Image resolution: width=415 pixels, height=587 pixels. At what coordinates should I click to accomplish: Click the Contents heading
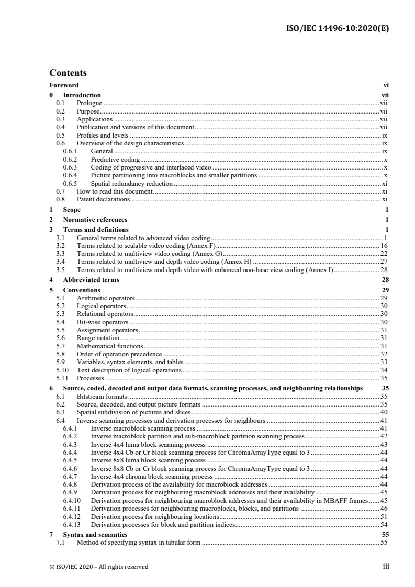tap(68, 73)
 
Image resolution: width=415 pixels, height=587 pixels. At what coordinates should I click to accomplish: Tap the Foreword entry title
tap(64, 85)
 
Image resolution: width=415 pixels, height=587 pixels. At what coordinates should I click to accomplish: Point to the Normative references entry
tap(95, 220)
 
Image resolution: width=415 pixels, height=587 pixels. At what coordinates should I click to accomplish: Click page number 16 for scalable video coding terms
tap(384, 245)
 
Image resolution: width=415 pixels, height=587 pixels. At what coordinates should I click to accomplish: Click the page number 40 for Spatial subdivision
tap(384, 412)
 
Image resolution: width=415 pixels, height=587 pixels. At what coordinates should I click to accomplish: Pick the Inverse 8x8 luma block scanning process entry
tap(148, 460)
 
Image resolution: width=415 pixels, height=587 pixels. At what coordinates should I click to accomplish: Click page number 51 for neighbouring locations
tap(384, 517)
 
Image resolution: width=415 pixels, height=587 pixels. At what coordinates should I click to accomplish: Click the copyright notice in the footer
tap(99, 566)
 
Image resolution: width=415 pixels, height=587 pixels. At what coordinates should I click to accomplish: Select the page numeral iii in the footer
tap(386, 566)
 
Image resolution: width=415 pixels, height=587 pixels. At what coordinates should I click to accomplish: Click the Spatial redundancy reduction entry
tap(131, 184)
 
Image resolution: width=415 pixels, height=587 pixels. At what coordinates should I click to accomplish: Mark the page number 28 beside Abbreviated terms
tap(385, 280)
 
